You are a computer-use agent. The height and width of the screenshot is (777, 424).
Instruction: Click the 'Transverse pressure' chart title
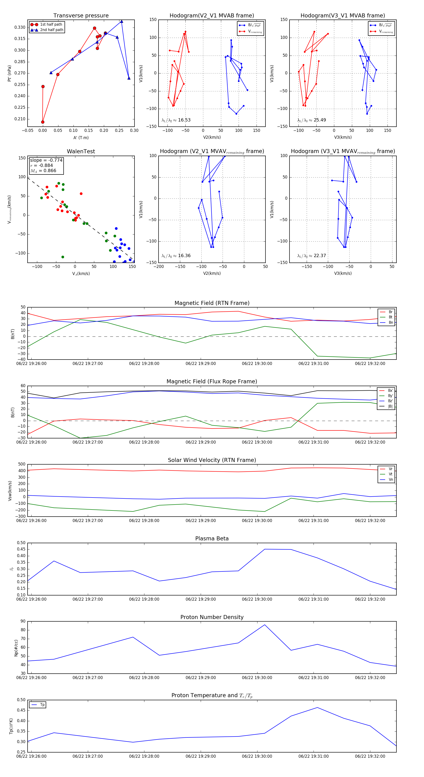point(81,16)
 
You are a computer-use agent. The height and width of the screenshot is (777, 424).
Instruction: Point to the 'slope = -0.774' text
point(46,160)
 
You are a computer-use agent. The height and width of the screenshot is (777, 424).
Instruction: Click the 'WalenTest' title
point(81,151)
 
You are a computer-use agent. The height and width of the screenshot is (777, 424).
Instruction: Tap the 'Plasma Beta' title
point(212,538)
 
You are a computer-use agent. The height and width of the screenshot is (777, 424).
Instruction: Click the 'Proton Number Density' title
point(212,617)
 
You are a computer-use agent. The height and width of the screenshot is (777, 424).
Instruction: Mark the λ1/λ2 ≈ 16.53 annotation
point(176,120)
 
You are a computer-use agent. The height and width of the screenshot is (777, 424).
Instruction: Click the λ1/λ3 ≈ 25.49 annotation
point(311,120)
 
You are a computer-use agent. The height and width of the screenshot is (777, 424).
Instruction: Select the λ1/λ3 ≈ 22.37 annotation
point(311,256)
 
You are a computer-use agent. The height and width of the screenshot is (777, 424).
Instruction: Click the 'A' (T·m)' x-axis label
point(81,138)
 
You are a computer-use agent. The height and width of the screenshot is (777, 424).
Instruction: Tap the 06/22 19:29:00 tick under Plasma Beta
point(201,599)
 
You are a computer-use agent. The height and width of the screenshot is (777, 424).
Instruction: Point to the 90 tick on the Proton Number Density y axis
point(23,621)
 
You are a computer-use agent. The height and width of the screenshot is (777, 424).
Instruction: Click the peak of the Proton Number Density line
point(265,625)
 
